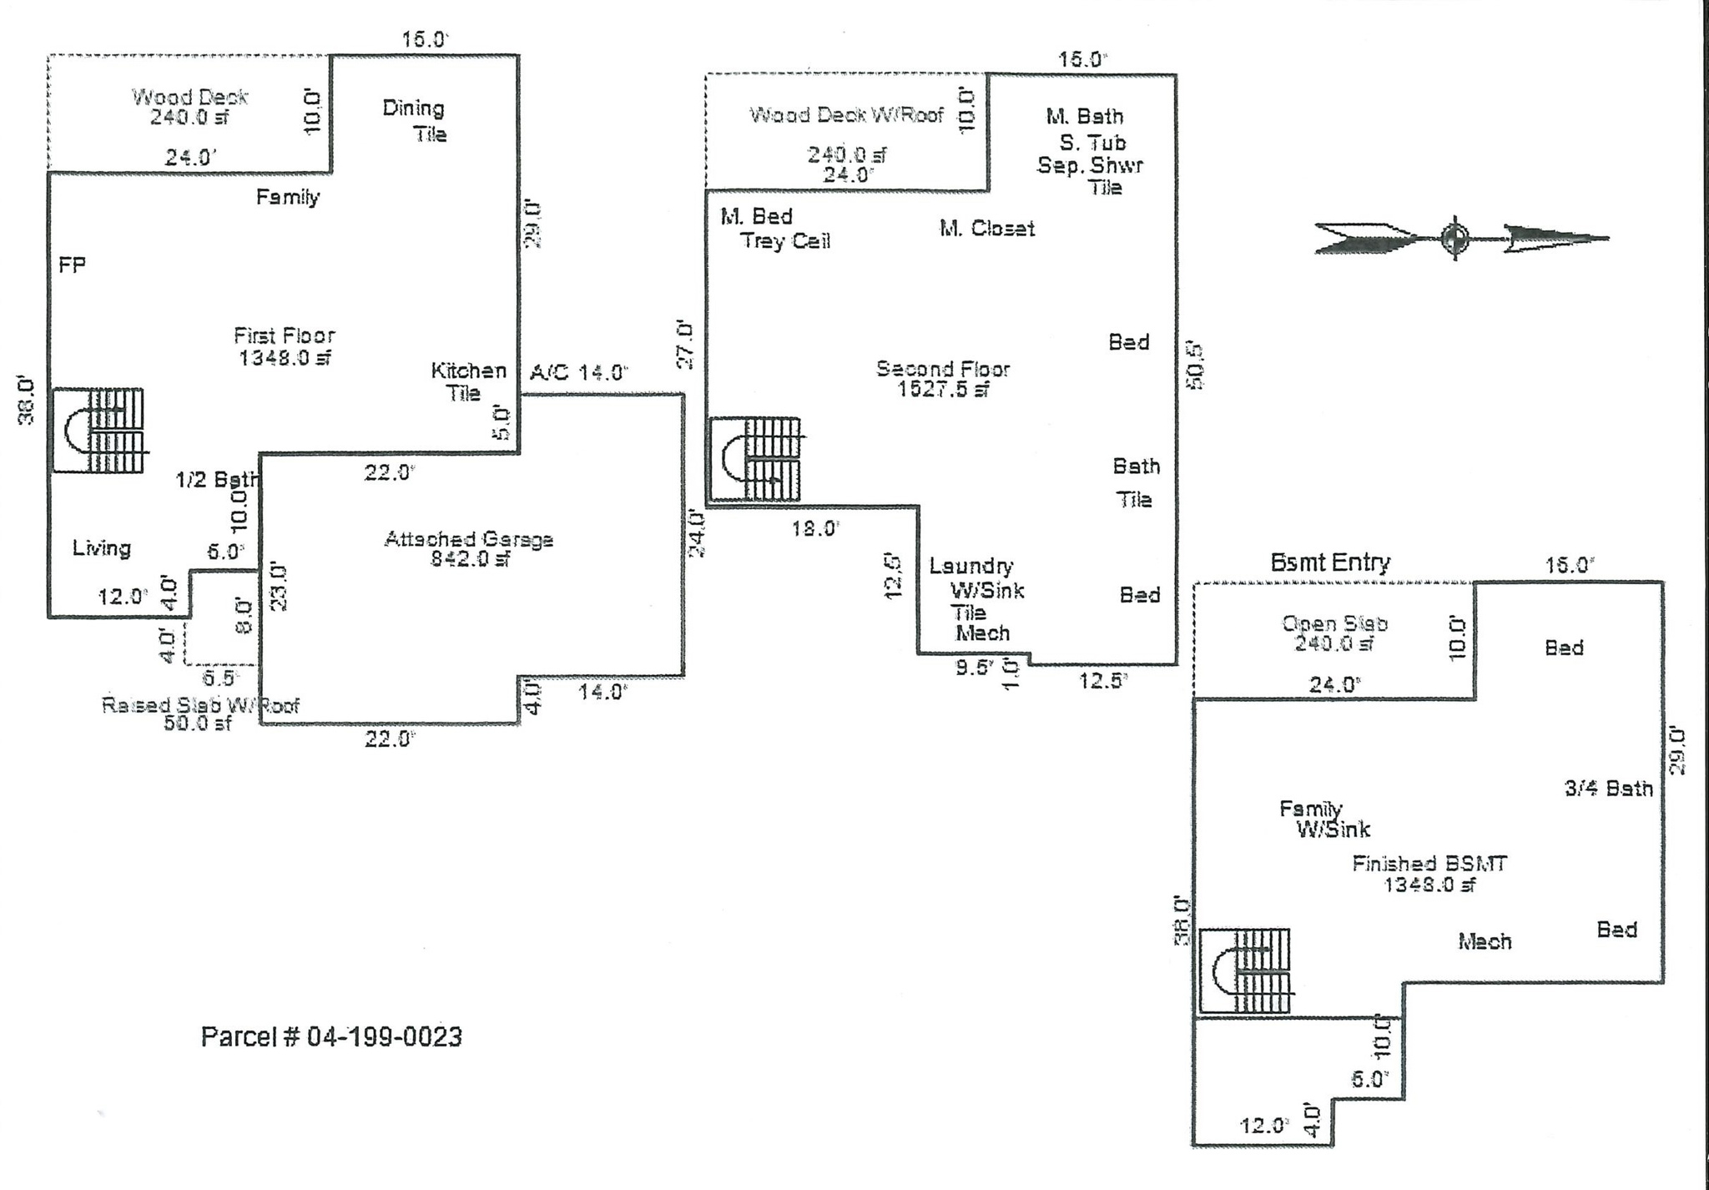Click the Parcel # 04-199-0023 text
point(331,1036)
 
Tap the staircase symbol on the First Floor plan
point(98,431)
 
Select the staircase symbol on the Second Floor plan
point(755,460)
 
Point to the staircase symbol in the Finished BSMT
point(1245,971)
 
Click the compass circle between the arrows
point(1454,239)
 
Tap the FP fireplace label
point(72,265)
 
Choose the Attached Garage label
point(468,539)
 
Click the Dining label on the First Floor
point(413,108)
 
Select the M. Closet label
point(987,229)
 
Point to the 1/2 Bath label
point(217,480)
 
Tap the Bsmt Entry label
point(1330,562)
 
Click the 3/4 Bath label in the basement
point(1608,789)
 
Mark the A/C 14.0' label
point(578,372)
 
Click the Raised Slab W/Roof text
point(200,705)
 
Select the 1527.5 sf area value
point(943,390)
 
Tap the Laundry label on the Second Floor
point(971,567)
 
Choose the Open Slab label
point(1334,623)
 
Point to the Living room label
point(102,548)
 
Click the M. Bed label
point(756,217)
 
